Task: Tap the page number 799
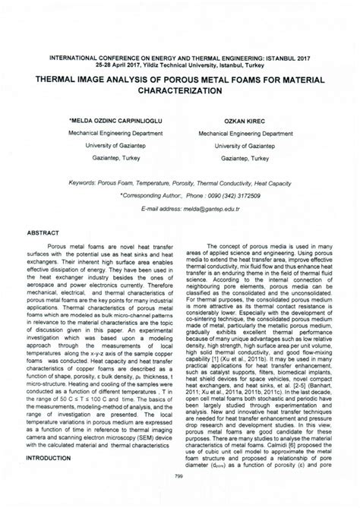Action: click(x=179, y=476)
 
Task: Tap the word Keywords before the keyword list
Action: click(x=85, y=183)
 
